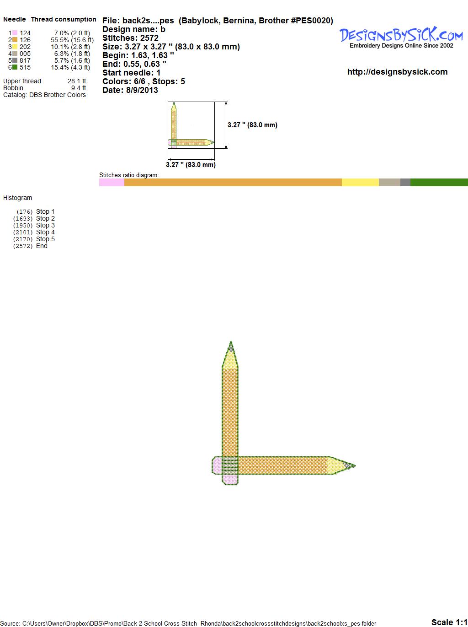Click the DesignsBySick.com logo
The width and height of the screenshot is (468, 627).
[x=401, y=38]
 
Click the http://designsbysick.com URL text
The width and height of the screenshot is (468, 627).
[x=397, y=72]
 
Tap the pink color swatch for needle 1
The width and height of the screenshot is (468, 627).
[x=15, y=33]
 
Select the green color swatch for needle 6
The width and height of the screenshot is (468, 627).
[x=15, y=67]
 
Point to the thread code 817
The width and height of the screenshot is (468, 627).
[x=25, y=60]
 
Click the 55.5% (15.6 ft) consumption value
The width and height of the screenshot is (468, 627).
[x=72, y=40]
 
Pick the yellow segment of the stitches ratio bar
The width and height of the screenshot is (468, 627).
[x=360, y=182]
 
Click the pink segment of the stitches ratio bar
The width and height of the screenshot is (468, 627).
[x=112, y=182]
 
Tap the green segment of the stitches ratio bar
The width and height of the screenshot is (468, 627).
[x=439, y=182]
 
